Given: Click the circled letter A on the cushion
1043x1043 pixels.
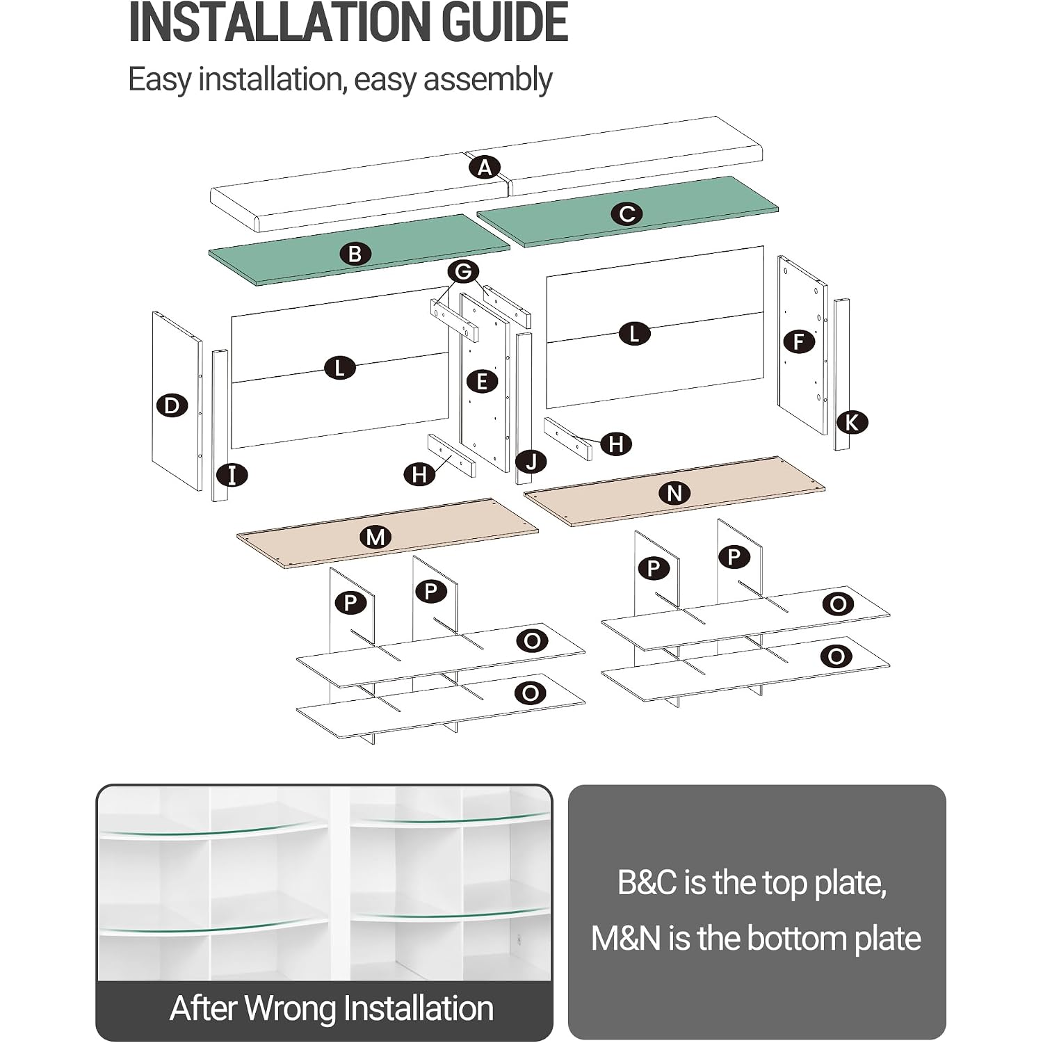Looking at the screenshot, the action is click(x=485, y=168).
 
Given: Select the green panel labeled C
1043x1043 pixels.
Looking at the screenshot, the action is click(x=628, y=211).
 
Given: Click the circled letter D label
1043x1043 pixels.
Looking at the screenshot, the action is click(x=172, y=405).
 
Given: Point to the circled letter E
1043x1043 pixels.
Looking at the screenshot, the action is click(x=482, y=381).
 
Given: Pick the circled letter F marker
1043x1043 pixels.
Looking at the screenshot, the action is click(x=798, y=341).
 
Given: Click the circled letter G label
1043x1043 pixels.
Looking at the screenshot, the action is click(x=464, y=271).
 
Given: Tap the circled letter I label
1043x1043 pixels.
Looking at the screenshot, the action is click(x=232, y=476).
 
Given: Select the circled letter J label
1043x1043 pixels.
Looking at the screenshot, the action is click(x=531, y=461).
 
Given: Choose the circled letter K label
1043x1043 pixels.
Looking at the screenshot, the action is click(x=852, y=422).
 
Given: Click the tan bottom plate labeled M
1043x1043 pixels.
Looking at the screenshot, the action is click(x=387, y=533).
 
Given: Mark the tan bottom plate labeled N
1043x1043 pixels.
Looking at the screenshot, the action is click(x=674, y=491).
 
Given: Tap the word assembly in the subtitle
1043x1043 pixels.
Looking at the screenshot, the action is click(x=487, y=80).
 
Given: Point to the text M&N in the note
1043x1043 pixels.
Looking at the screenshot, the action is click(x=626, y=939).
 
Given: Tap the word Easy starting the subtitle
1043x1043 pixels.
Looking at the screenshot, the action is click(x=159, y=80).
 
